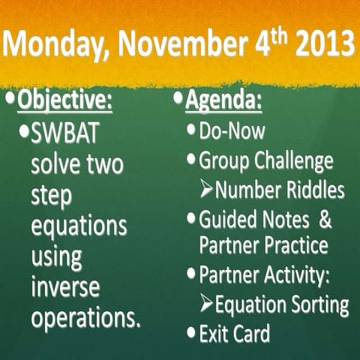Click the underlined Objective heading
(64, 101)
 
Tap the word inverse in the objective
(64, 286)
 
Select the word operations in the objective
(85, 316)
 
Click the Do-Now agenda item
(231, 131)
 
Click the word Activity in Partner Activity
(293, 275)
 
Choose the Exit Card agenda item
(233, 333)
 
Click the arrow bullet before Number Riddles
(207, 190)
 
